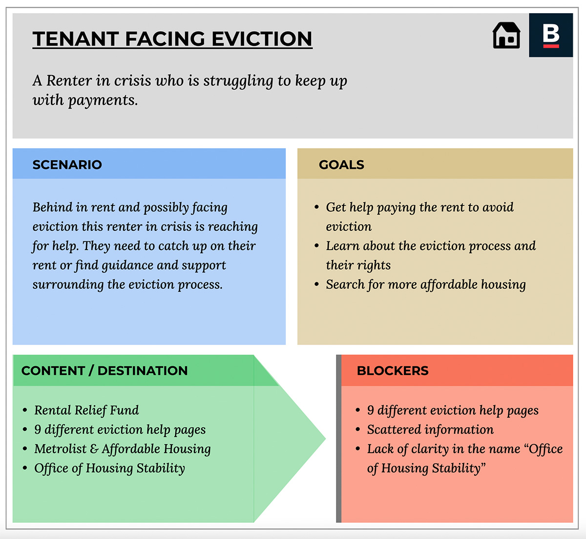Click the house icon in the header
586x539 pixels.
[506, 36]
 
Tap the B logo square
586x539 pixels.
[551, 35]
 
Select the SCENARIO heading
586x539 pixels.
[67, 164]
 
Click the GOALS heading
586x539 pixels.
[341, 164]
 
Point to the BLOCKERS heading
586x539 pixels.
[393, 371]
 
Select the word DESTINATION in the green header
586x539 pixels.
[143, 371]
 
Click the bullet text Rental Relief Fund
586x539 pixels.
[86, 410]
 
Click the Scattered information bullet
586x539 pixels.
[430, 430]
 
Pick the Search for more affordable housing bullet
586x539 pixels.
[426, 284]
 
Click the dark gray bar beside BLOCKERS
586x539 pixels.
[338, 439]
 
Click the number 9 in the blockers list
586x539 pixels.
[371, 410]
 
